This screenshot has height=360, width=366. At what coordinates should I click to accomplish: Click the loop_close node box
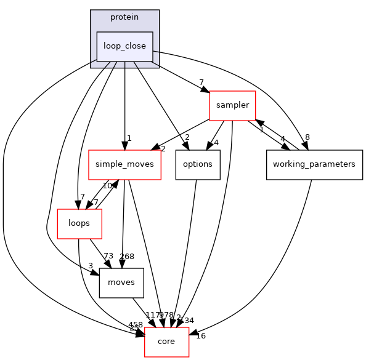(124, 46)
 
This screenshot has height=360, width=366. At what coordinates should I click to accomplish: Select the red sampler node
(232, 105)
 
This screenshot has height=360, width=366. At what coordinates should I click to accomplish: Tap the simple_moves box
(124, 164)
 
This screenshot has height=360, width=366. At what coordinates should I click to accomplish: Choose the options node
(198, 164)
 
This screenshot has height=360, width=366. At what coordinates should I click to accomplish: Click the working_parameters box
(314, 164)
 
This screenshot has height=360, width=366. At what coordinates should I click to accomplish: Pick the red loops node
(79, 223)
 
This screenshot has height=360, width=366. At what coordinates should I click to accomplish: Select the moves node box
(121, 282)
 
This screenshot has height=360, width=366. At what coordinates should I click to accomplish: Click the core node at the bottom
(166, 342)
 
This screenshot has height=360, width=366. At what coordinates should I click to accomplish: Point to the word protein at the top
(124, 17)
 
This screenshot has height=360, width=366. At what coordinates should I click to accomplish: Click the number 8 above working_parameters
(306, 138)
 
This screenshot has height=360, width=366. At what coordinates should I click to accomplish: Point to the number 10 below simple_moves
(107, 186)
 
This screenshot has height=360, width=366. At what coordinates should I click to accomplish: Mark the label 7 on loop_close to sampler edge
(201, 82)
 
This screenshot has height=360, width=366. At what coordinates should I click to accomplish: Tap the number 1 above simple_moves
(129, 138)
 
